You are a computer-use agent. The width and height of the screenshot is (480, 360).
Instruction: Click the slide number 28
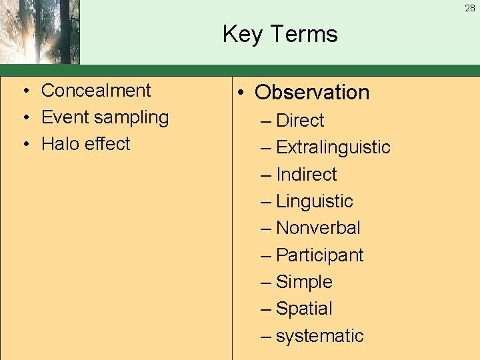pos(469,7)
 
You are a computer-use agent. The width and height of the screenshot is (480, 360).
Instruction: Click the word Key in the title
pos(242,34)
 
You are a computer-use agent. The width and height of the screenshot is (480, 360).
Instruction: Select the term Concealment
pos(96,91)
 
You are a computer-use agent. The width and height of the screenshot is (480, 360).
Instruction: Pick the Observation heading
pos(311,92)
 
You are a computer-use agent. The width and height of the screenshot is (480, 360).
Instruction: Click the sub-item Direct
pos(299,121)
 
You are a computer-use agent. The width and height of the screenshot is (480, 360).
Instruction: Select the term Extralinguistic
pos(333,147)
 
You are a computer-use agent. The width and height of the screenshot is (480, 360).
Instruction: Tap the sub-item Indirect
pos(306,175)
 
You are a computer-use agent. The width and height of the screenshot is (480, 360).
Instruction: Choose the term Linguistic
pos(314,201)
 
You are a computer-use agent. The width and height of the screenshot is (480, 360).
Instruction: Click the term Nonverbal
pos(318,228)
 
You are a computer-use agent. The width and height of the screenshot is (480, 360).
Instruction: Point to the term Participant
pos(319,255)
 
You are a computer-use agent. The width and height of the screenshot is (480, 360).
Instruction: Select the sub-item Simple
pos(304,282)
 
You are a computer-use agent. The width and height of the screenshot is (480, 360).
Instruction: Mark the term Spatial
pos(304,309)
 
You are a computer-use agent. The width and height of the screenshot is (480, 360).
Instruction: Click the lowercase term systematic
pos(319,336)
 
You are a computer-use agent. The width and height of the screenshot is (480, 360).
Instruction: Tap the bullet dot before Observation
pos(244,93)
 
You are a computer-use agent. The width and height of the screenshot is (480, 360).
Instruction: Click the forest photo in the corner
pos(39,31)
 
